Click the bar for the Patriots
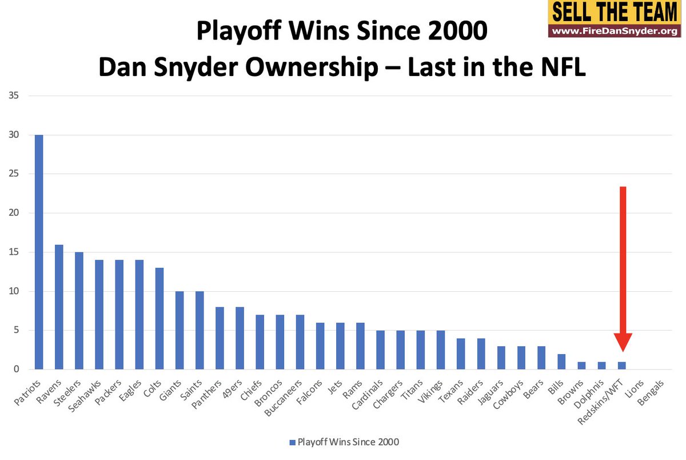(x=39, y=252)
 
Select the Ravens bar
(x=59, y=307)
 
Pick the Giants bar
(x=180, y=330)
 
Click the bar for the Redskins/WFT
(x=622, y=366)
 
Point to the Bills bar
(x=561, y=362)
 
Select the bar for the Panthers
(x=220, y=338)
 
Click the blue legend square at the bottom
(x=292, y=442)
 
